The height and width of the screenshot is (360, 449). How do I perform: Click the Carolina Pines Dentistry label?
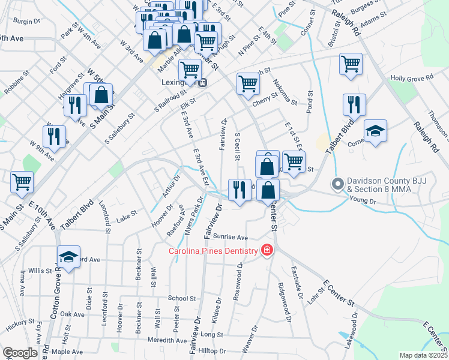pyautogui.click(x=213, y=251)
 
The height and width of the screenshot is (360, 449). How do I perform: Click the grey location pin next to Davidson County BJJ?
pyautogui.click(x=338, y=184)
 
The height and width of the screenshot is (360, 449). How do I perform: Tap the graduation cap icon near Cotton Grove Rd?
pyautogui.click(x=68, y=257)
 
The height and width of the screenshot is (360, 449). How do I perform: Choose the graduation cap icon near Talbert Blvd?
pyautogui.click(x=375, y=131)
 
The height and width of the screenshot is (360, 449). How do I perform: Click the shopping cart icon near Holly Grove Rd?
pyautogui.click(x=351, y=64)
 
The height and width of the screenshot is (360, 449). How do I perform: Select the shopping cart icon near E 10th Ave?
pyautogui.click(x=22, y=181)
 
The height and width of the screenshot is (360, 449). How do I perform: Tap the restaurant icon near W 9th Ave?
pyautogui.click(x=56, y=136)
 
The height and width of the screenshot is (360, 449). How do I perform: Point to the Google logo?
pyautogui.click(x=19, y=353)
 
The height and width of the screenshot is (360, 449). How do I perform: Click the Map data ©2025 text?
pyautogui.click(x=423, y=355)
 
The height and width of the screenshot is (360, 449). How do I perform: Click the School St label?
pyautogui.click(x=182, y=298)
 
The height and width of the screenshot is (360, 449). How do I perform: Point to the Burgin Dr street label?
pyautogui.click(x=26, y=21)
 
